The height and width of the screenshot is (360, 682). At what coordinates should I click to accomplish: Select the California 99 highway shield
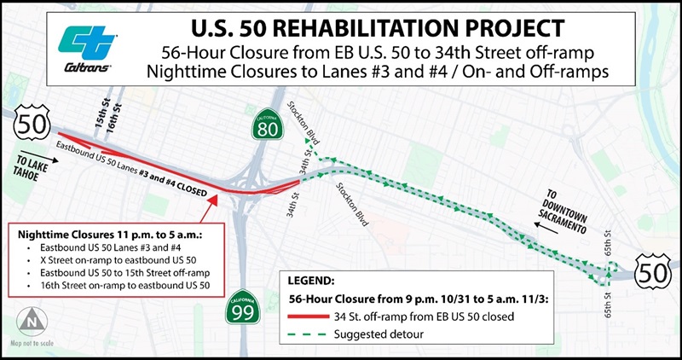click(241, 311)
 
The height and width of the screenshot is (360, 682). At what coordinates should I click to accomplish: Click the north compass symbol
click(31, 323)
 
